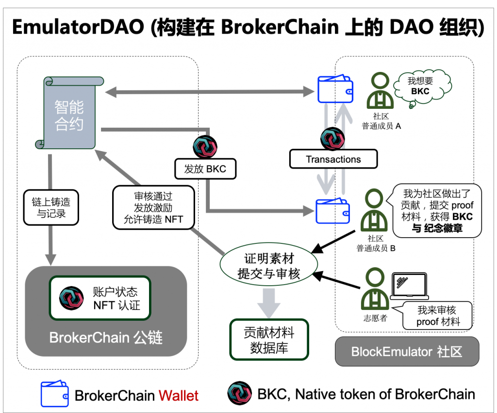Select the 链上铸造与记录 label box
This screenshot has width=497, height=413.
(51, 207)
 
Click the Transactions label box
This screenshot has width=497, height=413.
(333, 159)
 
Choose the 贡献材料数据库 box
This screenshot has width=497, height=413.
(269, 339)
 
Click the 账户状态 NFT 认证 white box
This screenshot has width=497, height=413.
(100, 298)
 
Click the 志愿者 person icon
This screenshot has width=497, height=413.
(375, 291)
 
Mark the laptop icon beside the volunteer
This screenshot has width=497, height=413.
(409, 287)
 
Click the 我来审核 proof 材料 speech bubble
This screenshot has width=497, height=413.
(437, 316)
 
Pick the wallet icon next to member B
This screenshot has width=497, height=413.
(333, 211)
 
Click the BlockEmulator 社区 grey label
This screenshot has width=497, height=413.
(407, 351)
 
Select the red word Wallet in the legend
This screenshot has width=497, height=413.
(179, 396)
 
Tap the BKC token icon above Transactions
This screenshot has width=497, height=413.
(333, 138)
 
